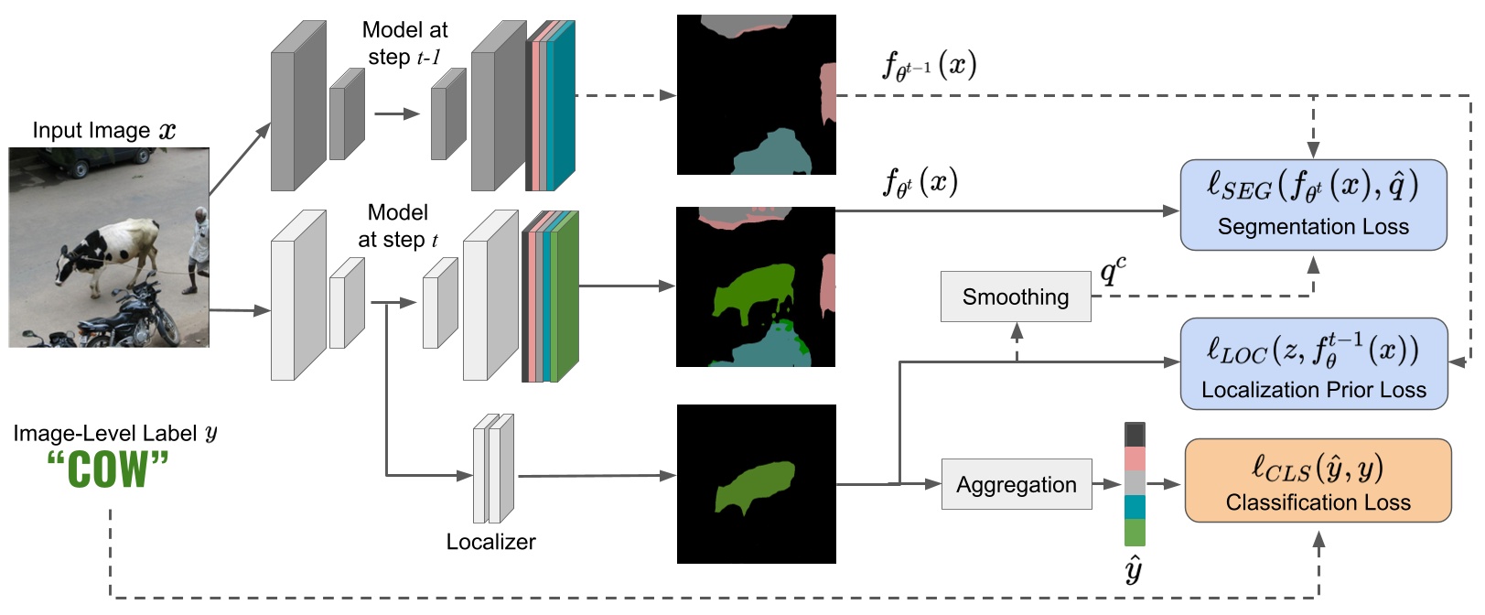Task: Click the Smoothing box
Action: click(1016, 297)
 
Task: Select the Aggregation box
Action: click(1017, 484)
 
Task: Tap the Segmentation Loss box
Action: click(1313, 205)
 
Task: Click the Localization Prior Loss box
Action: click(1314, 363)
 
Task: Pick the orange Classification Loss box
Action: click(1318, 480)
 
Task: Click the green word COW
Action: click(108, 469)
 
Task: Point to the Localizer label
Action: click(490, 542)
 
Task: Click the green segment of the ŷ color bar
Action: click(1135, 533)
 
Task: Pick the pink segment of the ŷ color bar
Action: click(1135, 459)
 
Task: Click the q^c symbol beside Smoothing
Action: click(1113, 270)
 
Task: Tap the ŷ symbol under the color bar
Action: click(1134, 569)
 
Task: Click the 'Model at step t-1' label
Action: click(404, 43)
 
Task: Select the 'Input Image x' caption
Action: click(103, 130)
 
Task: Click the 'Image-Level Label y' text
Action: click(115, 433)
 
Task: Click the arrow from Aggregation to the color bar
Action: click(1107, 484)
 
